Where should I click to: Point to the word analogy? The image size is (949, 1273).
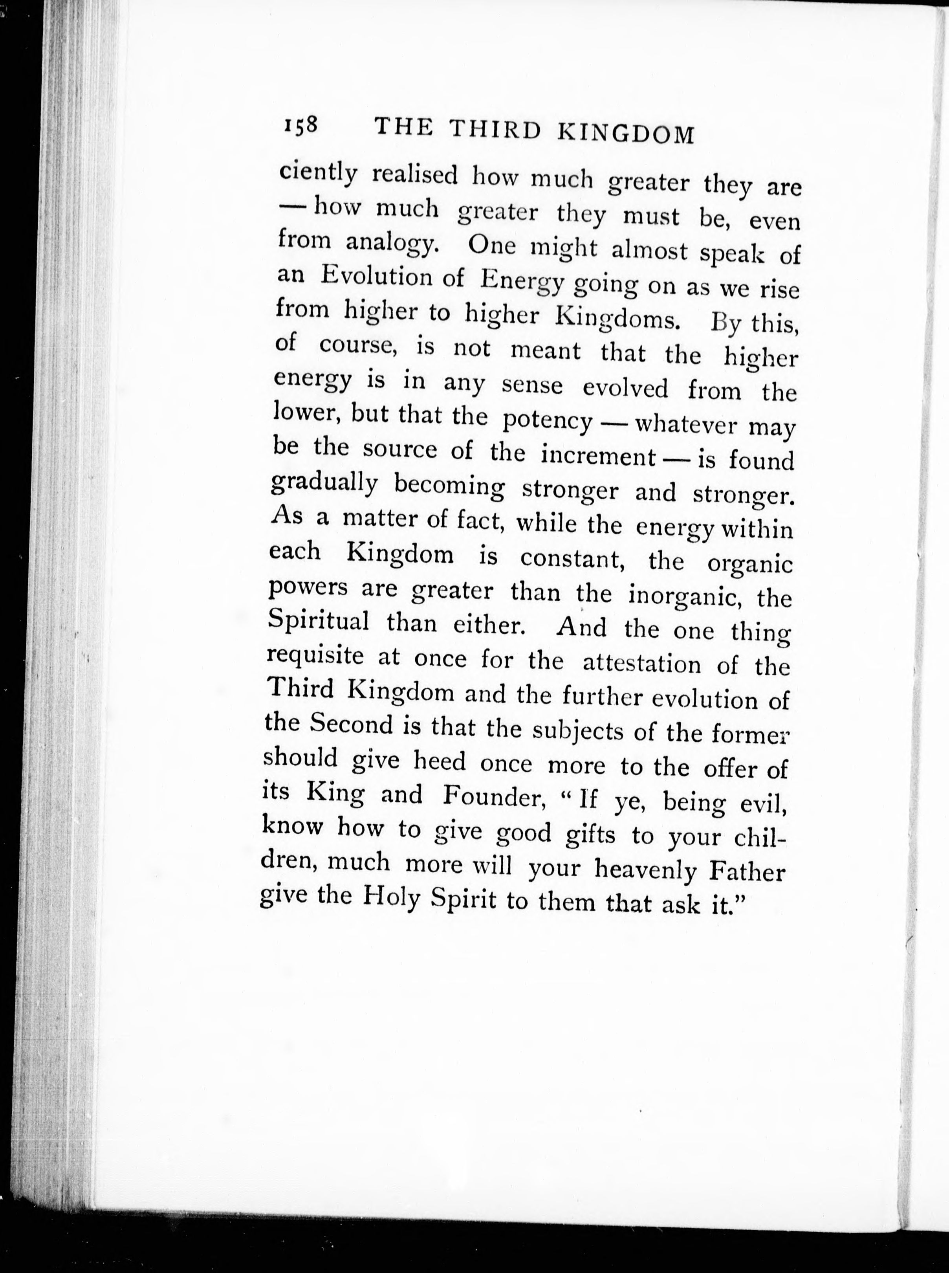[393, 244]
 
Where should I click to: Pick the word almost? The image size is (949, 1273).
[649, 251]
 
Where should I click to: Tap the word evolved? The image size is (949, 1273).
[626, 388]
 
